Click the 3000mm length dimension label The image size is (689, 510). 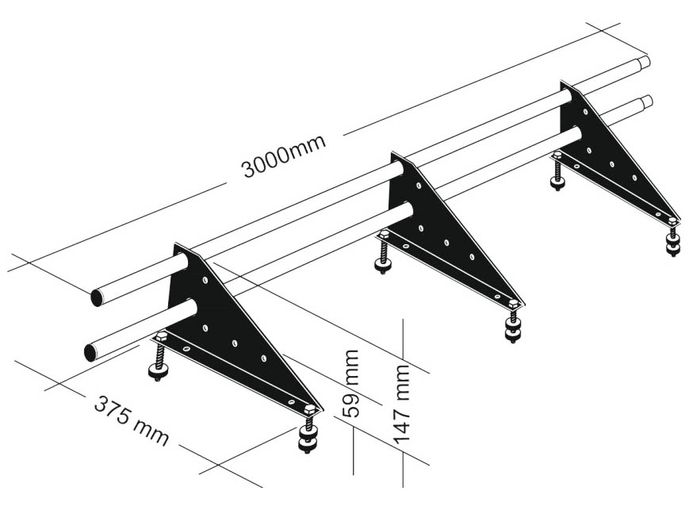pyautogui.click(x=284, y=155)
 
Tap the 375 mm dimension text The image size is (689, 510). pyautogui.click(x=132, y=420)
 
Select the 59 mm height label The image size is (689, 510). pyautogui.click(x=351, y=383)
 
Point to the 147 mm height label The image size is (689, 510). pyautogui.click(x=401, y=404)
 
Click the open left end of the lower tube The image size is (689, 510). pyautogui.click(x=91, y=352)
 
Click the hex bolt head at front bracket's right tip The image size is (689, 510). pyautogui.click(x=310, y=409)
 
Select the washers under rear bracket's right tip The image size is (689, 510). pyautogui.click(x=672, y=245)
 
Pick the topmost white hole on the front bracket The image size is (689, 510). pyautogui.click(x=205, y=279)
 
